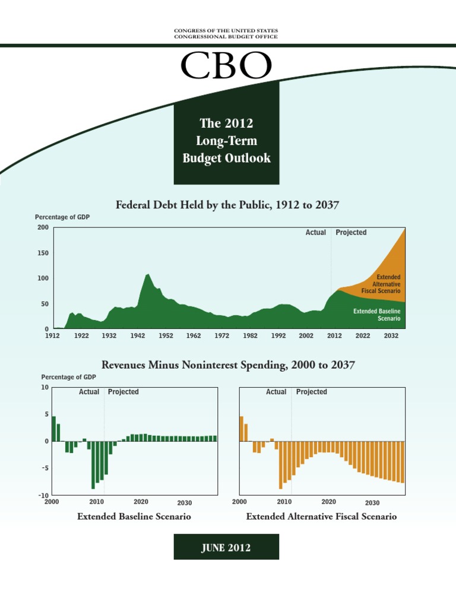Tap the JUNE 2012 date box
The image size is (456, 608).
[x=226, y=547]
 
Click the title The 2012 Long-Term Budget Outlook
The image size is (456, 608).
[x=226, y=141]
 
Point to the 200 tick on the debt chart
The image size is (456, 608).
[x=42, y=228]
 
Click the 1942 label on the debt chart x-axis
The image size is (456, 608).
[x=138, y=336]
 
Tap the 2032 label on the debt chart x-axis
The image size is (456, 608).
[x=391, y=336]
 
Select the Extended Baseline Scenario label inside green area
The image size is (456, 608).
[x=376, y=315]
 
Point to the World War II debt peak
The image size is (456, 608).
[x=148, y=275]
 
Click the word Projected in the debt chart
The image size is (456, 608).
[x=351, y=233]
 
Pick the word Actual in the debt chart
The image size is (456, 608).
[x=315, y=233]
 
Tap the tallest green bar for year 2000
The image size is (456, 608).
[x=54, y=429]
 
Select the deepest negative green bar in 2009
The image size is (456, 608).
[x=93, y=465]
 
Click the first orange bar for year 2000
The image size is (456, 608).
[x=242, y=429]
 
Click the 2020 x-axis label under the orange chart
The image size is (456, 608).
[x=328, y=502]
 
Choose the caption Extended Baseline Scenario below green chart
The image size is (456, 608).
[x=134, y=517]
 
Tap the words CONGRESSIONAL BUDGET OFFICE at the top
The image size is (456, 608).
[x=226, y=37]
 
